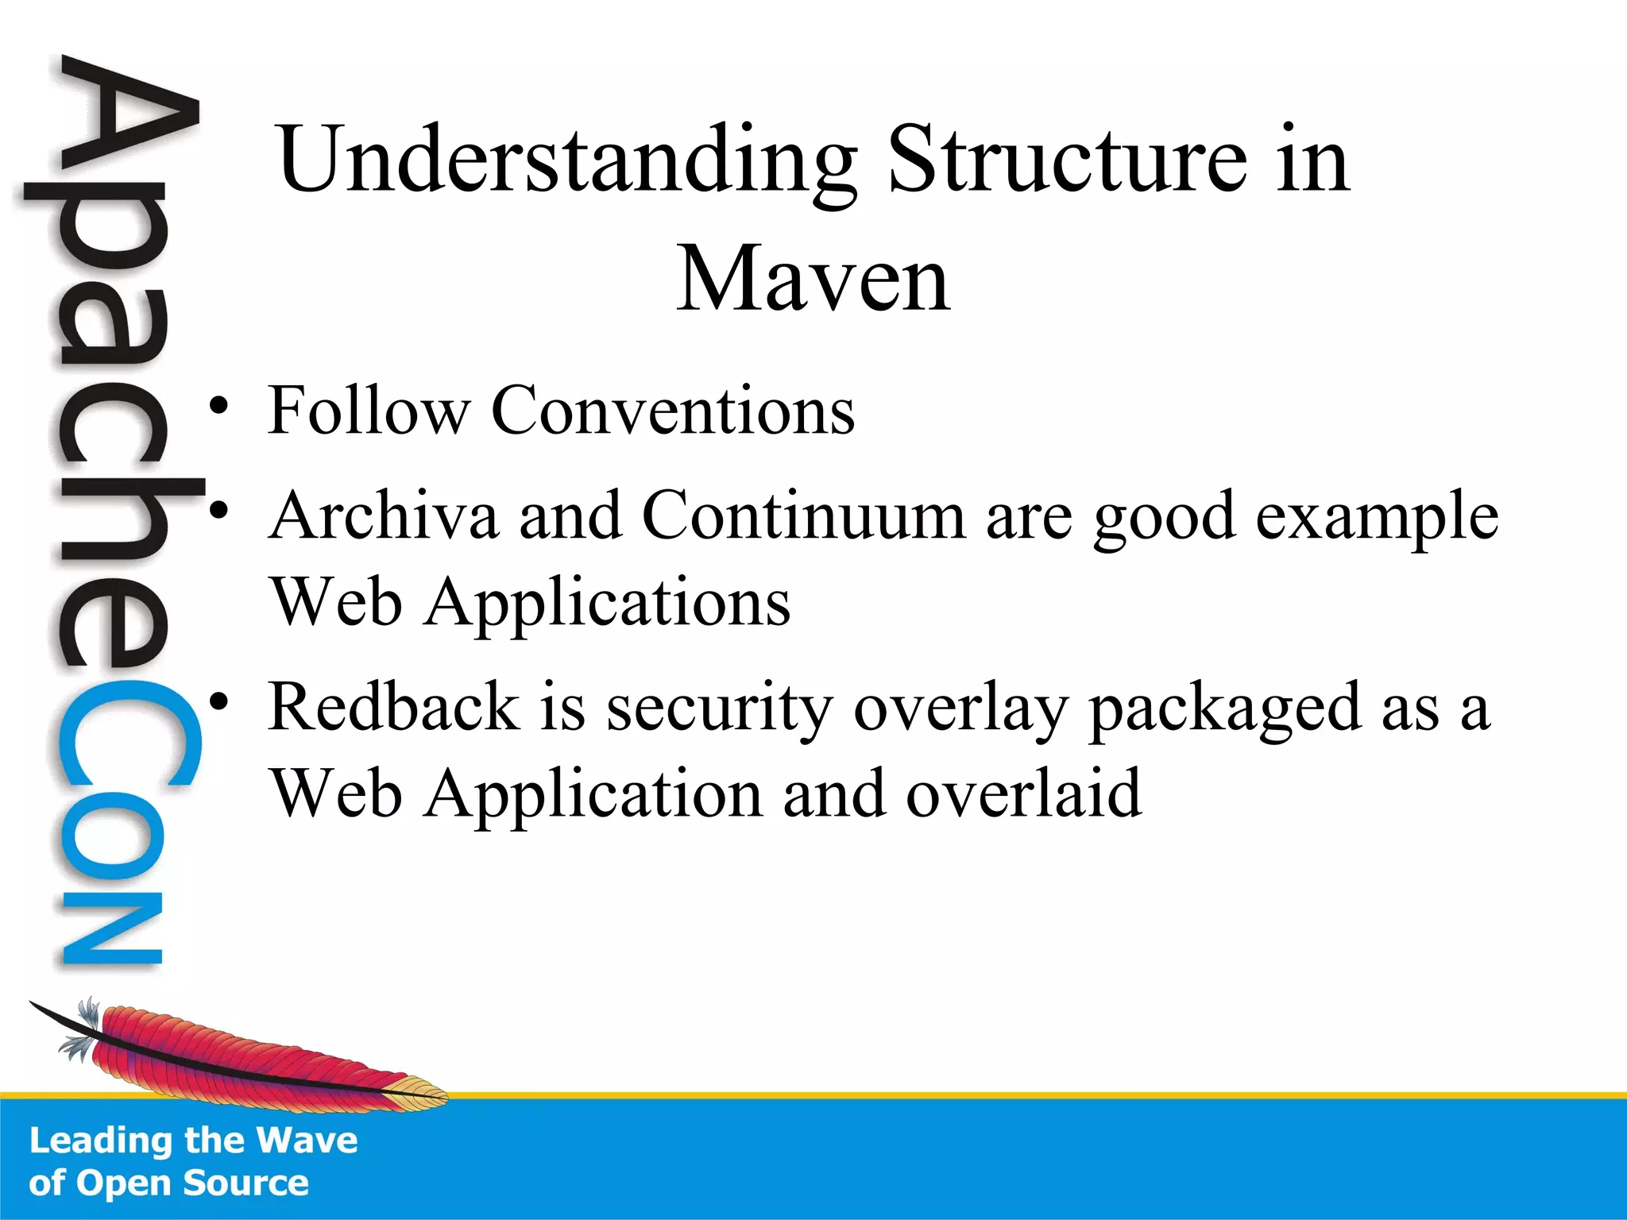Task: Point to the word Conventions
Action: [672, 411]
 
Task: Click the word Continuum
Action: [803, 515]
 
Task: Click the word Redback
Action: [394, 707]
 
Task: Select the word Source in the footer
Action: [245, 1183]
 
